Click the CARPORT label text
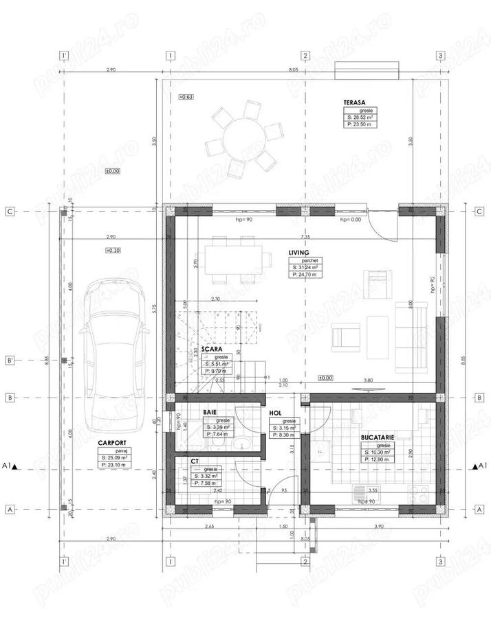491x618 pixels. pos(111,444)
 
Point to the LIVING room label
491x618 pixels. pos(299,253)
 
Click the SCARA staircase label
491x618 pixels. pos(221,348)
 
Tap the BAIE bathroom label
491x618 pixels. pos(210,412)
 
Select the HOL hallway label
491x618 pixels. pos(275,413)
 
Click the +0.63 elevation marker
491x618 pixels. pos(186,98)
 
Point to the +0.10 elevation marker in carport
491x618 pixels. pos(113,251)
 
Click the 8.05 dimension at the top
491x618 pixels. pos(294,70)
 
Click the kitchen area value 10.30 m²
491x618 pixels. pos(377,453)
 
